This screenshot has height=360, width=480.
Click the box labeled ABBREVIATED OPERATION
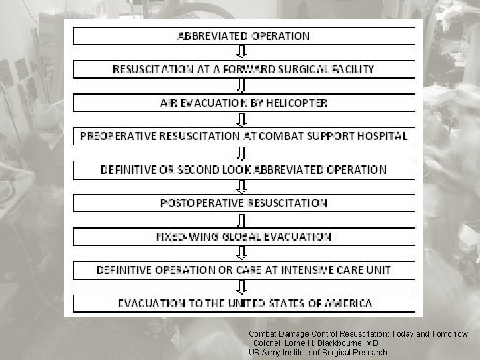243,36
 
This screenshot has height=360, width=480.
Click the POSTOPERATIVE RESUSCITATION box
243,203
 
